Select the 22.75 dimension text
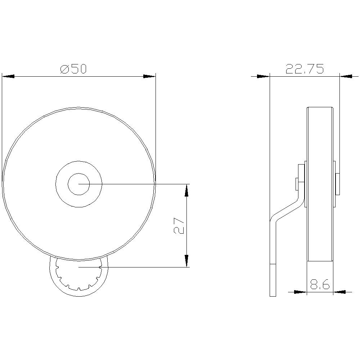pyautogui.click(x=305, y=69)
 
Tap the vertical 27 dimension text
pyautogui.click(x=180, y=225)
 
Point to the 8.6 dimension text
pyautogui.click(x=320, y=285)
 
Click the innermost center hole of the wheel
pyautogui.click(x=78, y=184)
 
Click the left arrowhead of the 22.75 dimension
pyautogui.click(x=263, y=76)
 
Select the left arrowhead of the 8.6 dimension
pyautogui.click(x=300, y=292)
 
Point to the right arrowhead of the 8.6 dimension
pyautogui.click(x=340, y=292)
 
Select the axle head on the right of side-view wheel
pyautogui.click(x=337, y=184)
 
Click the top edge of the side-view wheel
pyautogui.click(x=320, y=107)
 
